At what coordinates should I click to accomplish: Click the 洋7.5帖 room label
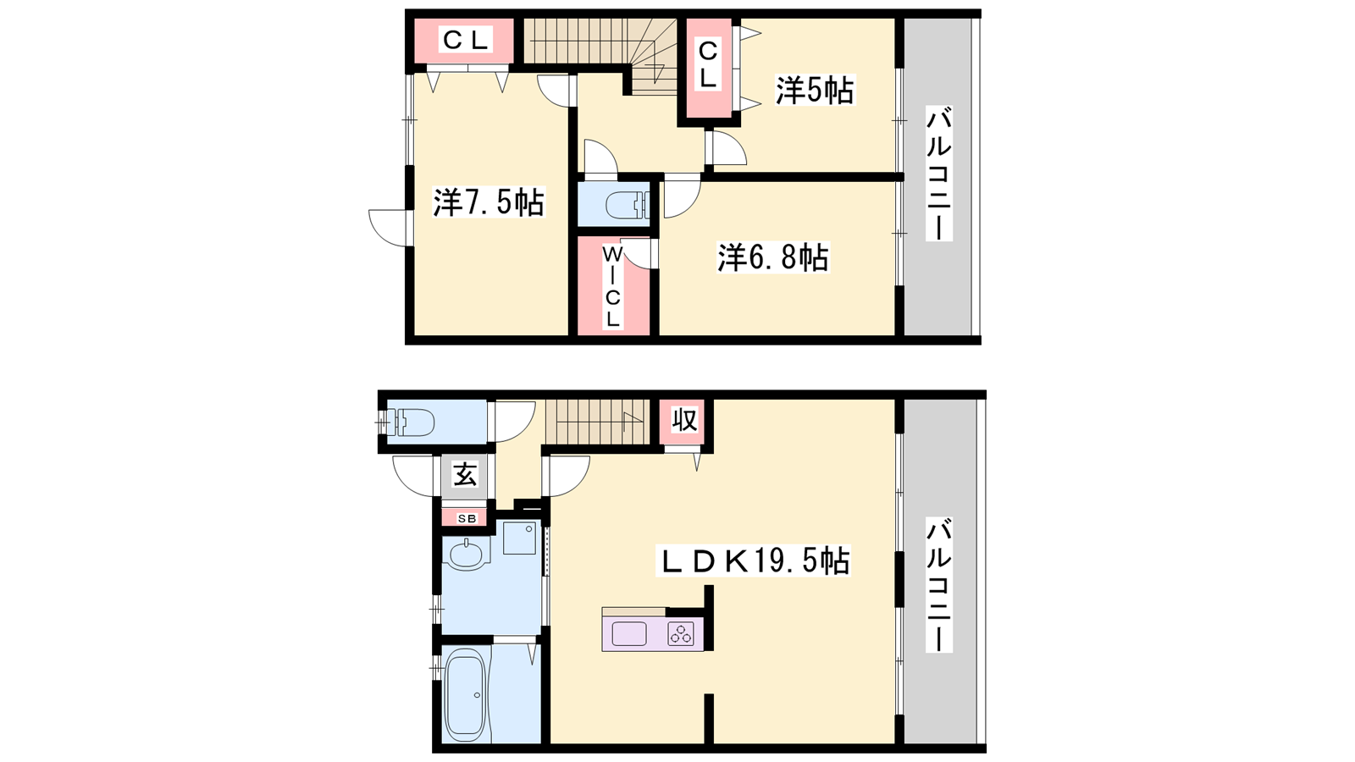[x=489, y=202]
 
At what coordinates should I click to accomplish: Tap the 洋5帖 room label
[x=815, y=91]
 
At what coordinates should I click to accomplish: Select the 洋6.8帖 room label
[x=773, y=257]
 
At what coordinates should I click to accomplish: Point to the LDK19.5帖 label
[x=754, y=560]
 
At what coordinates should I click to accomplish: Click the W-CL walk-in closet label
[x=613, y=287]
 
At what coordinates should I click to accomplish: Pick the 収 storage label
[x=685, y=420]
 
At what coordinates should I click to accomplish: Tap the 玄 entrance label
[x=465, y=474]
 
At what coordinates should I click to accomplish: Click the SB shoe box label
[x=467, y=518]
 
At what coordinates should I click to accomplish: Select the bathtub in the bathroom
[x=465, y=695]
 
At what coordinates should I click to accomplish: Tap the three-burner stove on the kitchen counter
[x=681, y=634]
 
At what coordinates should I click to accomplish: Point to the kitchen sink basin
[x=629, y=634]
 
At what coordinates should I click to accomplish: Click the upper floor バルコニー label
[x=939, y=174]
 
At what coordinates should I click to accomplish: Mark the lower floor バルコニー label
[x=939, y=585]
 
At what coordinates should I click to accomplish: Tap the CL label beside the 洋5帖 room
[x=708, y=64]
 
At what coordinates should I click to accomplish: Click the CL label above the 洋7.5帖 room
[x=465, y=41]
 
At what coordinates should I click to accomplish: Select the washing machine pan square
[x=520, y=538]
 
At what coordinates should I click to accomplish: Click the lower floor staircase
[x=597, y=422]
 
